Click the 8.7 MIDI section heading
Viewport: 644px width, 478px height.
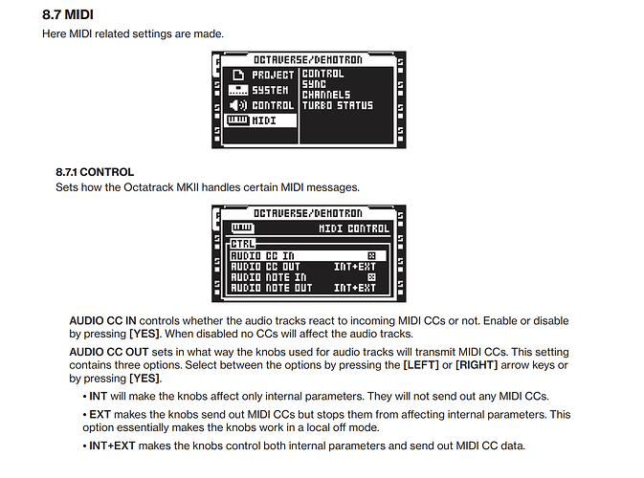(68, 14)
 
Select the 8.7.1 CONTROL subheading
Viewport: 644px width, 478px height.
(95, 172)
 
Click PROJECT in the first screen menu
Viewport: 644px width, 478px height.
(273, 75)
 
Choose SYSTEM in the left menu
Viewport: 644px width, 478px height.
(270, 90)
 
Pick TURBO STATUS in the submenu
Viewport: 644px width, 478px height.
(338, 105)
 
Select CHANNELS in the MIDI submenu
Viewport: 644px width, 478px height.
(326, 95)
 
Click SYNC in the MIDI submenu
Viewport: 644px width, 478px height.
(314, 84)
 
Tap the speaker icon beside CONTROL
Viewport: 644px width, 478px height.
(238, 105)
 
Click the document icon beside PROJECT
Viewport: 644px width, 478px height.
(238, 75)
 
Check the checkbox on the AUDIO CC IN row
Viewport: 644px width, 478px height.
(371, 256)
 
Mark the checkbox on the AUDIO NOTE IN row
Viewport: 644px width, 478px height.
(371, 277)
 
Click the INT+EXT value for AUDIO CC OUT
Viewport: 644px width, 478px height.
(355, 267)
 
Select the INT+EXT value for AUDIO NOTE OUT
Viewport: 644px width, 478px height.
(355, 288)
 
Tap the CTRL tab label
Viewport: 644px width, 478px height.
(243, 244)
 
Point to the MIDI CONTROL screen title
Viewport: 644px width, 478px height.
(354, 228)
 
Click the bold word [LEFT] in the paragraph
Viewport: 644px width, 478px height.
(421, 365)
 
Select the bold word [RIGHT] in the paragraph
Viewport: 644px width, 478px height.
(477, 365)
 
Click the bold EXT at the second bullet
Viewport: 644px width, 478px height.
(100, 414)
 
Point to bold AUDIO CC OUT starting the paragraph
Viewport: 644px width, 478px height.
(109, 352)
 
